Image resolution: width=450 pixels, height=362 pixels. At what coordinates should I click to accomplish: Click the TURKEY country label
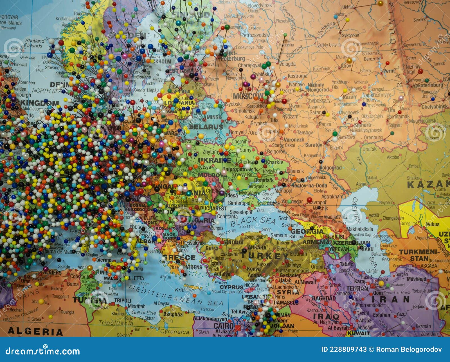265,256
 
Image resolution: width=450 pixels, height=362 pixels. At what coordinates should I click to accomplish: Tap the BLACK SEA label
253,221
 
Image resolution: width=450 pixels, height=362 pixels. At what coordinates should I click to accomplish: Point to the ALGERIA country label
35,331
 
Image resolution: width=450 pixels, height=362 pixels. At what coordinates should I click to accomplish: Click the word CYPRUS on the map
231,287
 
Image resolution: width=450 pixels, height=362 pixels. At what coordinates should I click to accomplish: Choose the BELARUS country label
206,127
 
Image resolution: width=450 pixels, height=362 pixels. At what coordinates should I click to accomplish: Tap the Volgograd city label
330,168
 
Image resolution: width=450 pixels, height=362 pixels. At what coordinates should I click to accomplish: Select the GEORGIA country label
307,231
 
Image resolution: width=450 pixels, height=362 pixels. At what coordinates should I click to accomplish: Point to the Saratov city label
314,145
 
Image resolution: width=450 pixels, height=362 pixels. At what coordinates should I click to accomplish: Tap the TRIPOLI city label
123,300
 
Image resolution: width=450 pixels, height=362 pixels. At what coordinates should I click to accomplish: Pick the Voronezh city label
294,139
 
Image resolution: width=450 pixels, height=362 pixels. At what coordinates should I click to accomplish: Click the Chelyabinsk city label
434,107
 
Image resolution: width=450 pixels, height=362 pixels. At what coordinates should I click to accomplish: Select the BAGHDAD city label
324,298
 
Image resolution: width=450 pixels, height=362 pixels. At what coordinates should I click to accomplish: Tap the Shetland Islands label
35,43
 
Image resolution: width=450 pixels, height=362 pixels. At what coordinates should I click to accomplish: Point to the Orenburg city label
373,138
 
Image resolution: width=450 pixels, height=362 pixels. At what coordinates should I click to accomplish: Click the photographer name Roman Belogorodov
409,349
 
